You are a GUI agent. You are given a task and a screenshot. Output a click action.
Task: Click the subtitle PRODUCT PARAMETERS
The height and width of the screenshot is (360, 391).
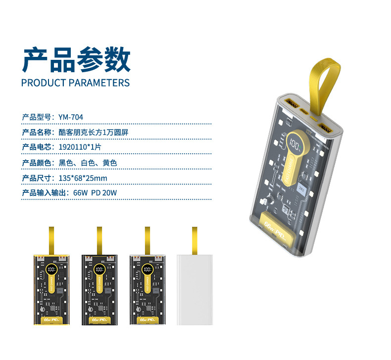point(75,83)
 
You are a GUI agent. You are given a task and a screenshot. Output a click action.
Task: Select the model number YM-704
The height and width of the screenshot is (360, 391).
point(71,117)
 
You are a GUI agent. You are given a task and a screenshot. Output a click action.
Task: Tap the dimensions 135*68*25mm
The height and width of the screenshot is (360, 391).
point(83,178)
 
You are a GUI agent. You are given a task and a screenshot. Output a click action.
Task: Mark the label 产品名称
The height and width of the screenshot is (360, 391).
point(37,132)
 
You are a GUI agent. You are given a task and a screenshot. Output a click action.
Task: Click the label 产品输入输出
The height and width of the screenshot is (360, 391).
point(44,193)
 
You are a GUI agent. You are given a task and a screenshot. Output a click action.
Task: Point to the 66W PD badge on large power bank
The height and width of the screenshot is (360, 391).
point(276,225)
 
